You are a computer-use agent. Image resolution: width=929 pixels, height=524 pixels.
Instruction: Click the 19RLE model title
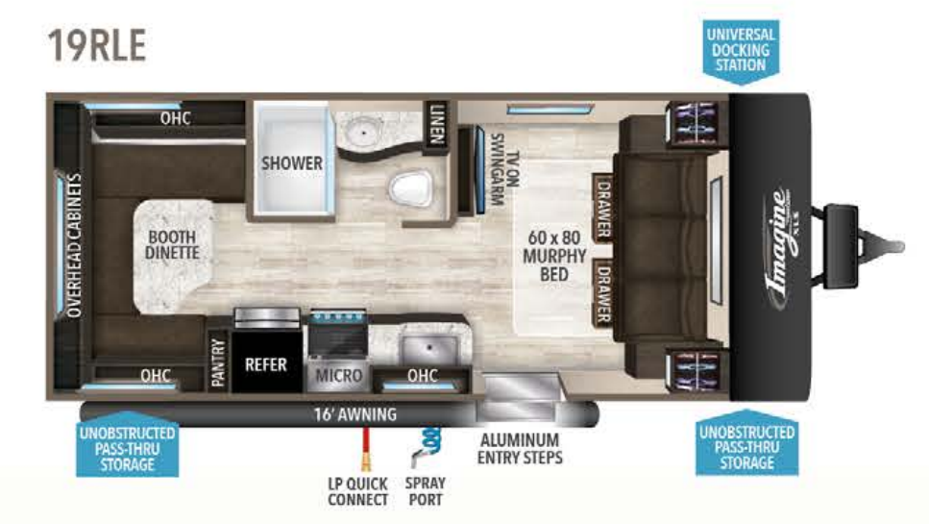coord(97,45)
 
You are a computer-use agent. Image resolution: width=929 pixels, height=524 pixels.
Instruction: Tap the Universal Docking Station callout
coord(741,51)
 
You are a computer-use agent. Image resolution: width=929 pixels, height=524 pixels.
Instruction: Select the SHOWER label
coord(292,163)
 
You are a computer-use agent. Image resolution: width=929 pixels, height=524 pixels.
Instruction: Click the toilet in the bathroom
coord(411,187)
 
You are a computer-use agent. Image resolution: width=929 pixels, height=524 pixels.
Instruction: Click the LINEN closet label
coord(437,124)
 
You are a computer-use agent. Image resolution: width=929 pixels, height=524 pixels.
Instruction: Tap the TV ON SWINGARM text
coord(504,169)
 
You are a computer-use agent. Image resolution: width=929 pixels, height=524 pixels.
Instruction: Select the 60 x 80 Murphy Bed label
coord(554,256)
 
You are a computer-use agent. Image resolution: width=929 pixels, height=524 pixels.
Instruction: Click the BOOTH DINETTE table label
coord(172,245)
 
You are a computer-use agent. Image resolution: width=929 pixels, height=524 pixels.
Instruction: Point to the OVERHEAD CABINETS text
coord(73,245)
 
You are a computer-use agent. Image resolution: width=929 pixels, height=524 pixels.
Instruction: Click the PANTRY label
coord(218,362)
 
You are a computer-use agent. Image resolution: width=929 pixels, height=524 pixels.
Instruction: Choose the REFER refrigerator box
coord(266,362)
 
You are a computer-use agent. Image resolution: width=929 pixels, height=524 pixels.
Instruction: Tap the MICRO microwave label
coord(338,375)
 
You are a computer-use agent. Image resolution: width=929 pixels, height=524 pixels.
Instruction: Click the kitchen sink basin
coord(428,350)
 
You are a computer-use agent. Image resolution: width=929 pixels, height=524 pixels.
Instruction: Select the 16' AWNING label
coord(354,414)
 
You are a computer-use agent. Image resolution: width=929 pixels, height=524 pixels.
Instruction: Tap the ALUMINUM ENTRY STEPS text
coord(520,449)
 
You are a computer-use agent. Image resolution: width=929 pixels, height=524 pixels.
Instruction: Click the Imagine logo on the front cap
coord(781,246)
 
